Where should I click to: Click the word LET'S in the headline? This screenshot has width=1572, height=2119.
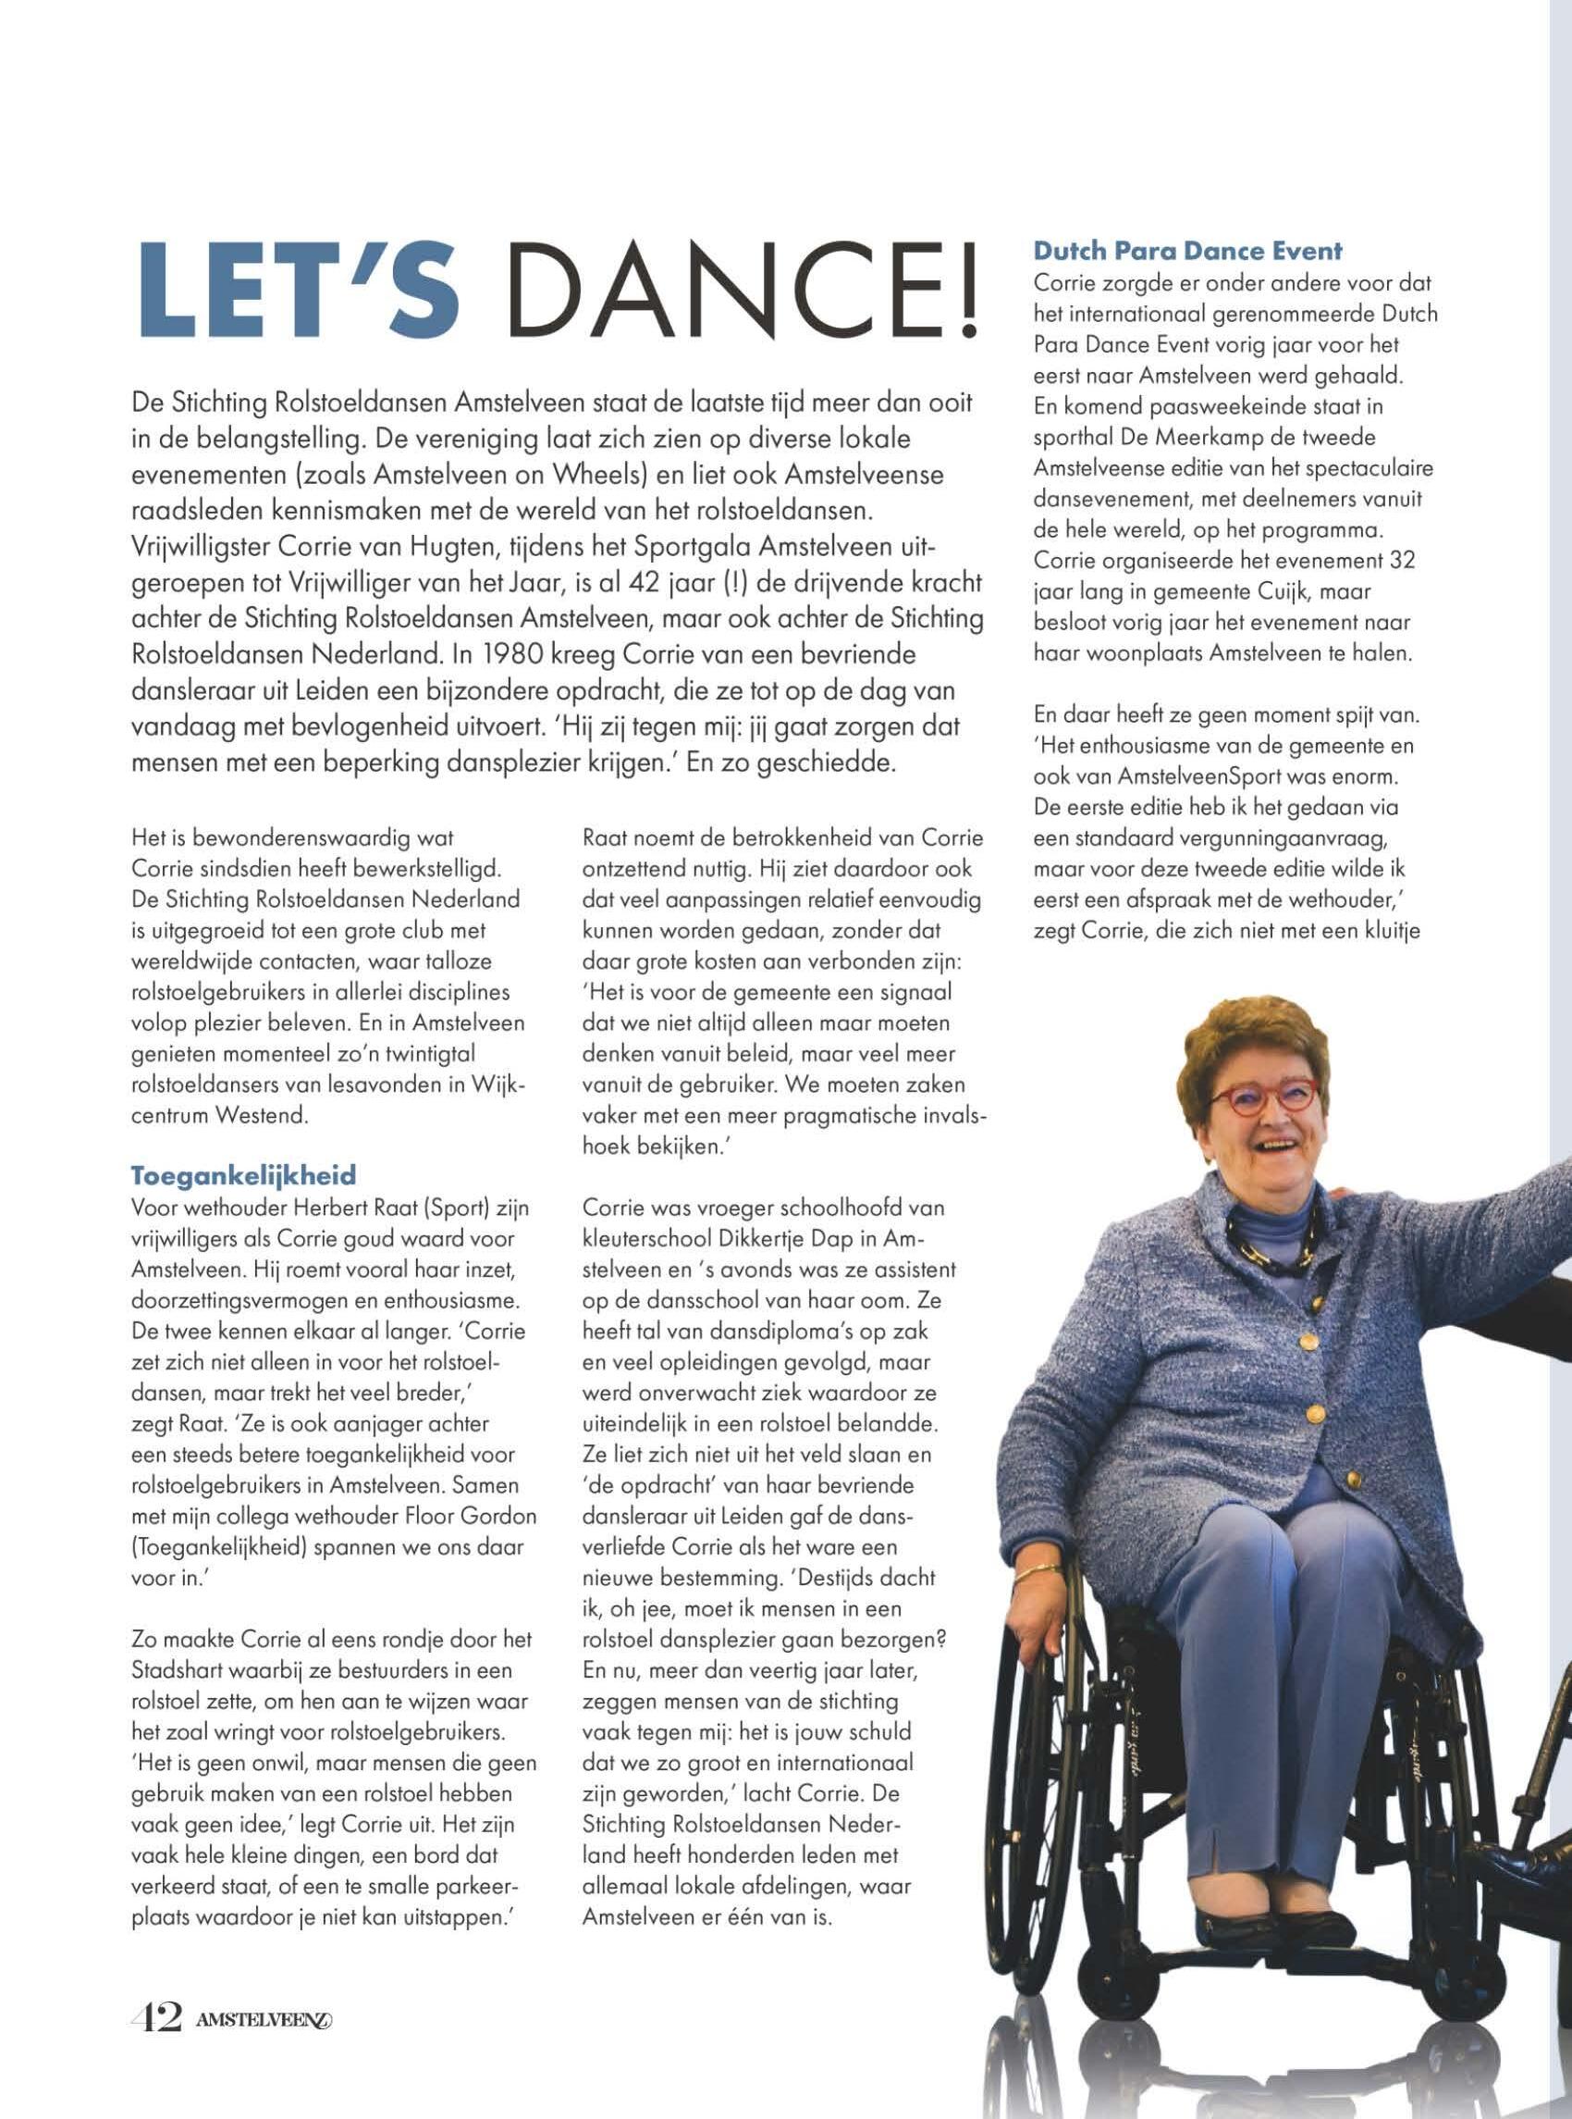[298, 290]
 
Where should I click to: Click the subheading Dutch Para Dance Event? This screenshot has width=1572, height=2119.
[1187, 252]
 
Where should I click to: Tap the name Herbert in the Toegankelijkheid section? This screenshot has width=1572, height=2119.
[323, 1208]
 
